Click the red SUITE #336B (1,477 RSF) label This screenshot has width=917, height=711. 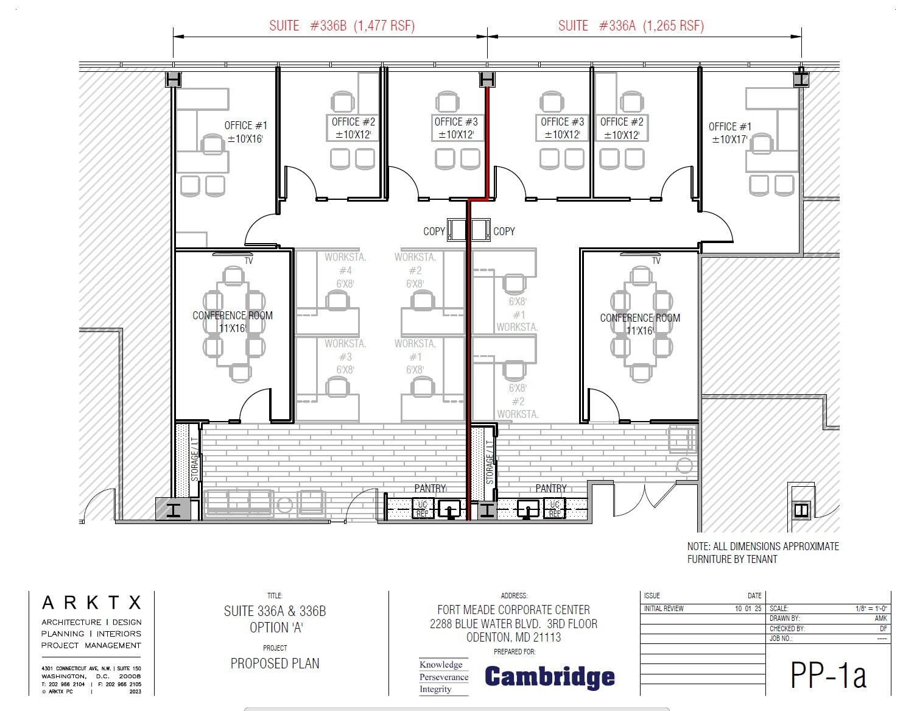pos(342,26)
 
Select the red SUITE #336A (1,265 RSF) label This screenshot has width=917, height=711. pos(631,26)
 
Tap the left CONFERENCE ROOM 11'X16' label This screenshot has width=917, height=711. pos(233,322)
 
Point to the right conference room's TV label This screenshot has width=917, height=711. pos(656,261)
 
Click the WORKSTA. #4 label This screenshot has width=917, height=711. pos(345,270)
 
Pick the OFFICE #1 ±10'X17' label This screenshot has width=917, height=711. pos(729,133)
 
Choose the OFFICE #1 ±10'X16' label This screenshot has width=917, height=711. pos(245,132)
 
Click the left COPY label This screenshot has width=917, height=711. pos(434,232)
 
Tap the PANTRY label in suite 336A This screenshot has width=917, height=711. pos(550,489)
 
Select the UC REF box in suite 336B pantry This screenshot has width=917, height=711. pos(422,509)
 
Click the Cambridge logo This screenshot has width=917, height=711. pos(549,677)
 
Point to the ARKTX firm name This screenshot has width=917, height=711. pos(91,603)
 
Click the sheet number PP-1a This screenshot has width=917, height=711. pos(827,674)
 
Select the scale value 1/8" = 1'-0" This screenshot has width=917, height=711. pos(871,609)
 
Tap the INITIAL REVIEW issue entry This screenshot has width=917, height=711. pos(664,609)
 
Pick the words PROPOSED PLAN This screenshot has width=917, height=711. pos(275,663)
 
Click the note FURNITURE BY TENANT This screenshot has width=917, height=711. pos(732,559)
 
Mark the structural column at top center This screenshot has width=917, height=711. pos(487,80)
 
